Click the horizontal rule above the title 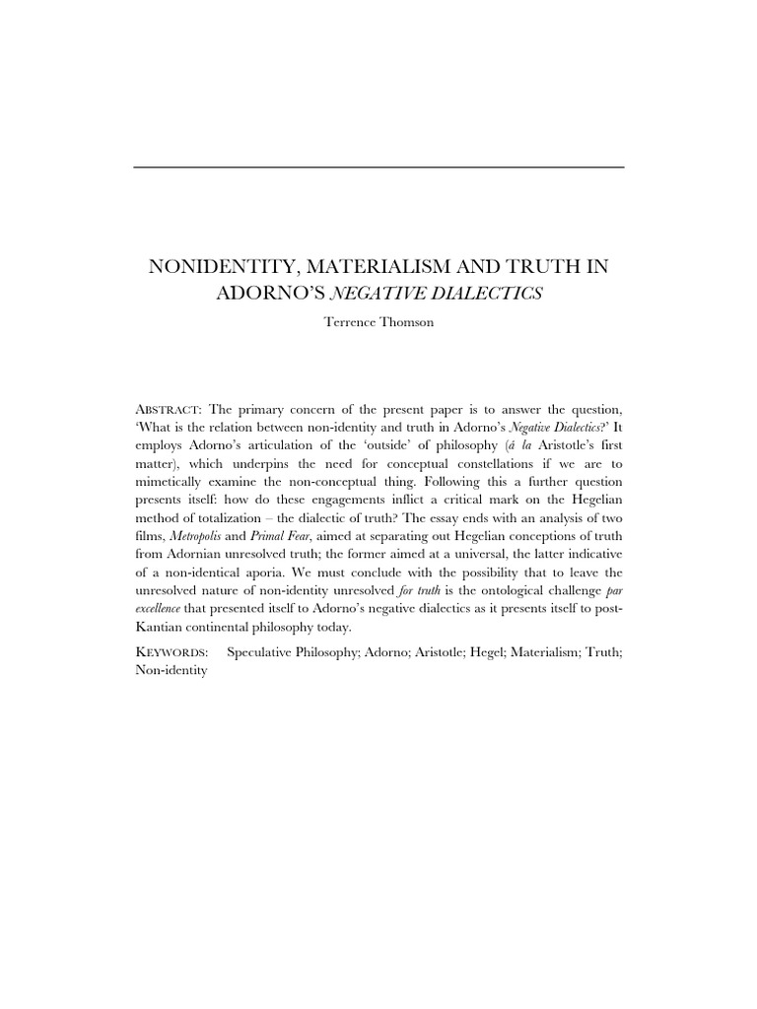tap(378, 168)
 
